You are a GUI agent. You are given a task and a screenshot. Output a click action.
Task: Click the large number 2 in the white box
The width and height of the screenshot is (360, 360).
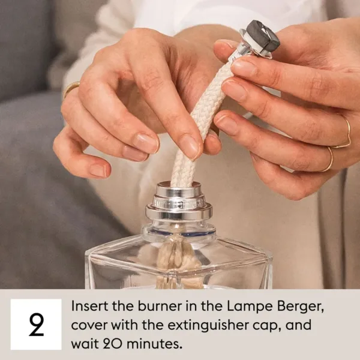(x=36, y=324)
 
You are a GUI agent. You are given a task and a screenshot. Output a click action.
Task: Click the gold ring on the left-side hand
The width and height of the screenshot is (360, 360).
(x=71, y=88)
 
